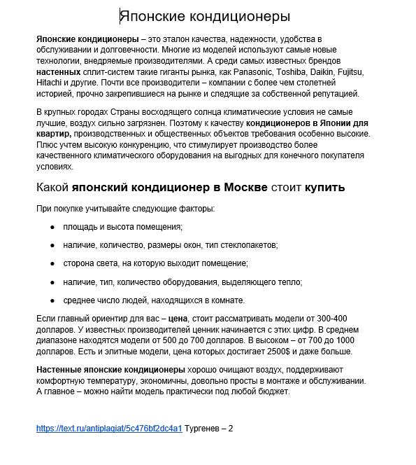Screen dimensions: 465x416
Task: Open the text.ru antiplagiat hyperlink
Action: tap(109, 429)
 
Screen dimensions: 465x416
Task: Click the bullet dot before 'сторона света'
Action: tap(52, 264)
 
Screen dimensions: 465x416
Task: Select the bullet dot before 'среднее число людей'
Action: tap(52, 300)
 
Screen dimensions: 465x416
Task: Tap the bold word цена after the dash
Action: tap(179, 318)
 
